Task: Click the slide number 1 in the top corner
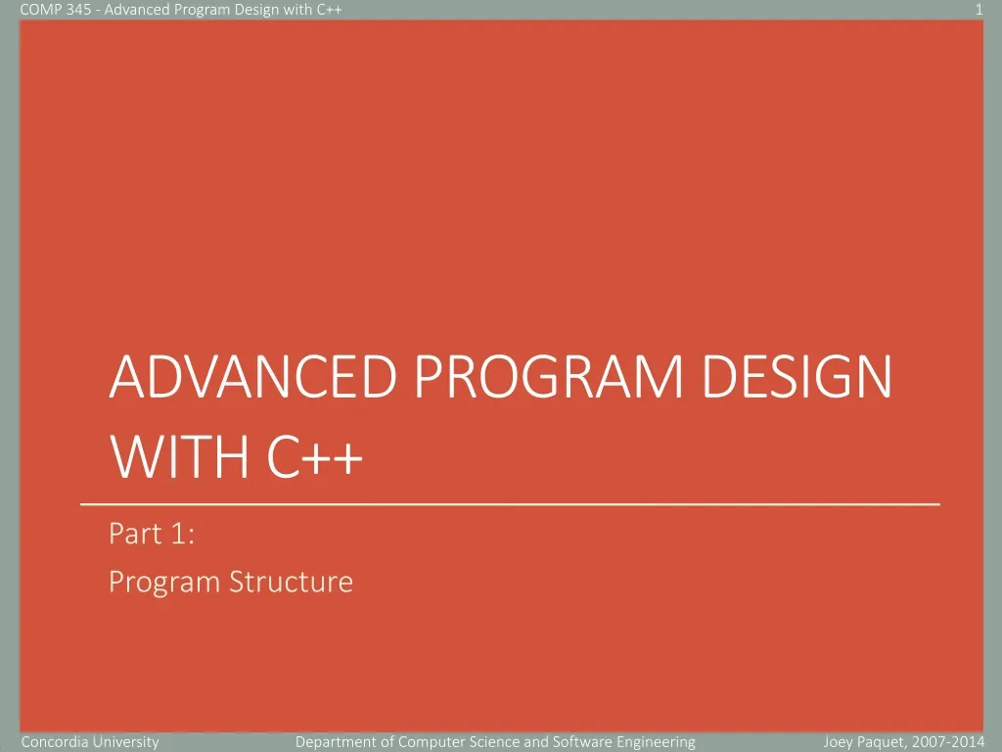(979, 10)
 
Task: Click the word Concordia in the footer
(55, 742)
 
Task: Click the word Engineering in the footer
(656, 742)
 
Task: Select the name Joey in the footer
(841, 742)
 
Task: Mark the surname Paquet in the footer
(888, 742)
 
